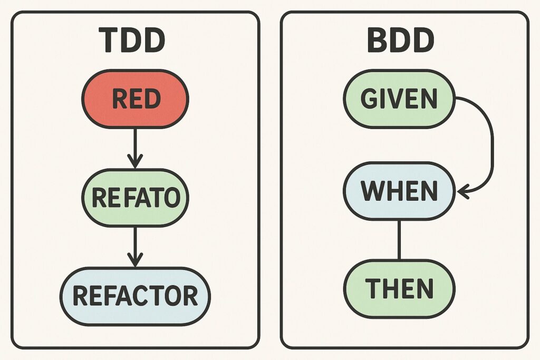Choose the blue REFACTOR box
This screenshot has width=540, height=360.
coord(135,296)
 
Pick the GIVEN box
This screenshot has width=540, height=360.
coord(399,100)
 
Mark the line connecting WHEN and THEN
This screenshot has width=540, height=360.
coord(399,240)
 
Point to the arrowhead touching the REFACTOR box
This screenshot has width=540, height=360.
coord(135,261)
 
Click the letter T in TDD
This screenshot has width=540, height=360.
coord(110,42)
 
